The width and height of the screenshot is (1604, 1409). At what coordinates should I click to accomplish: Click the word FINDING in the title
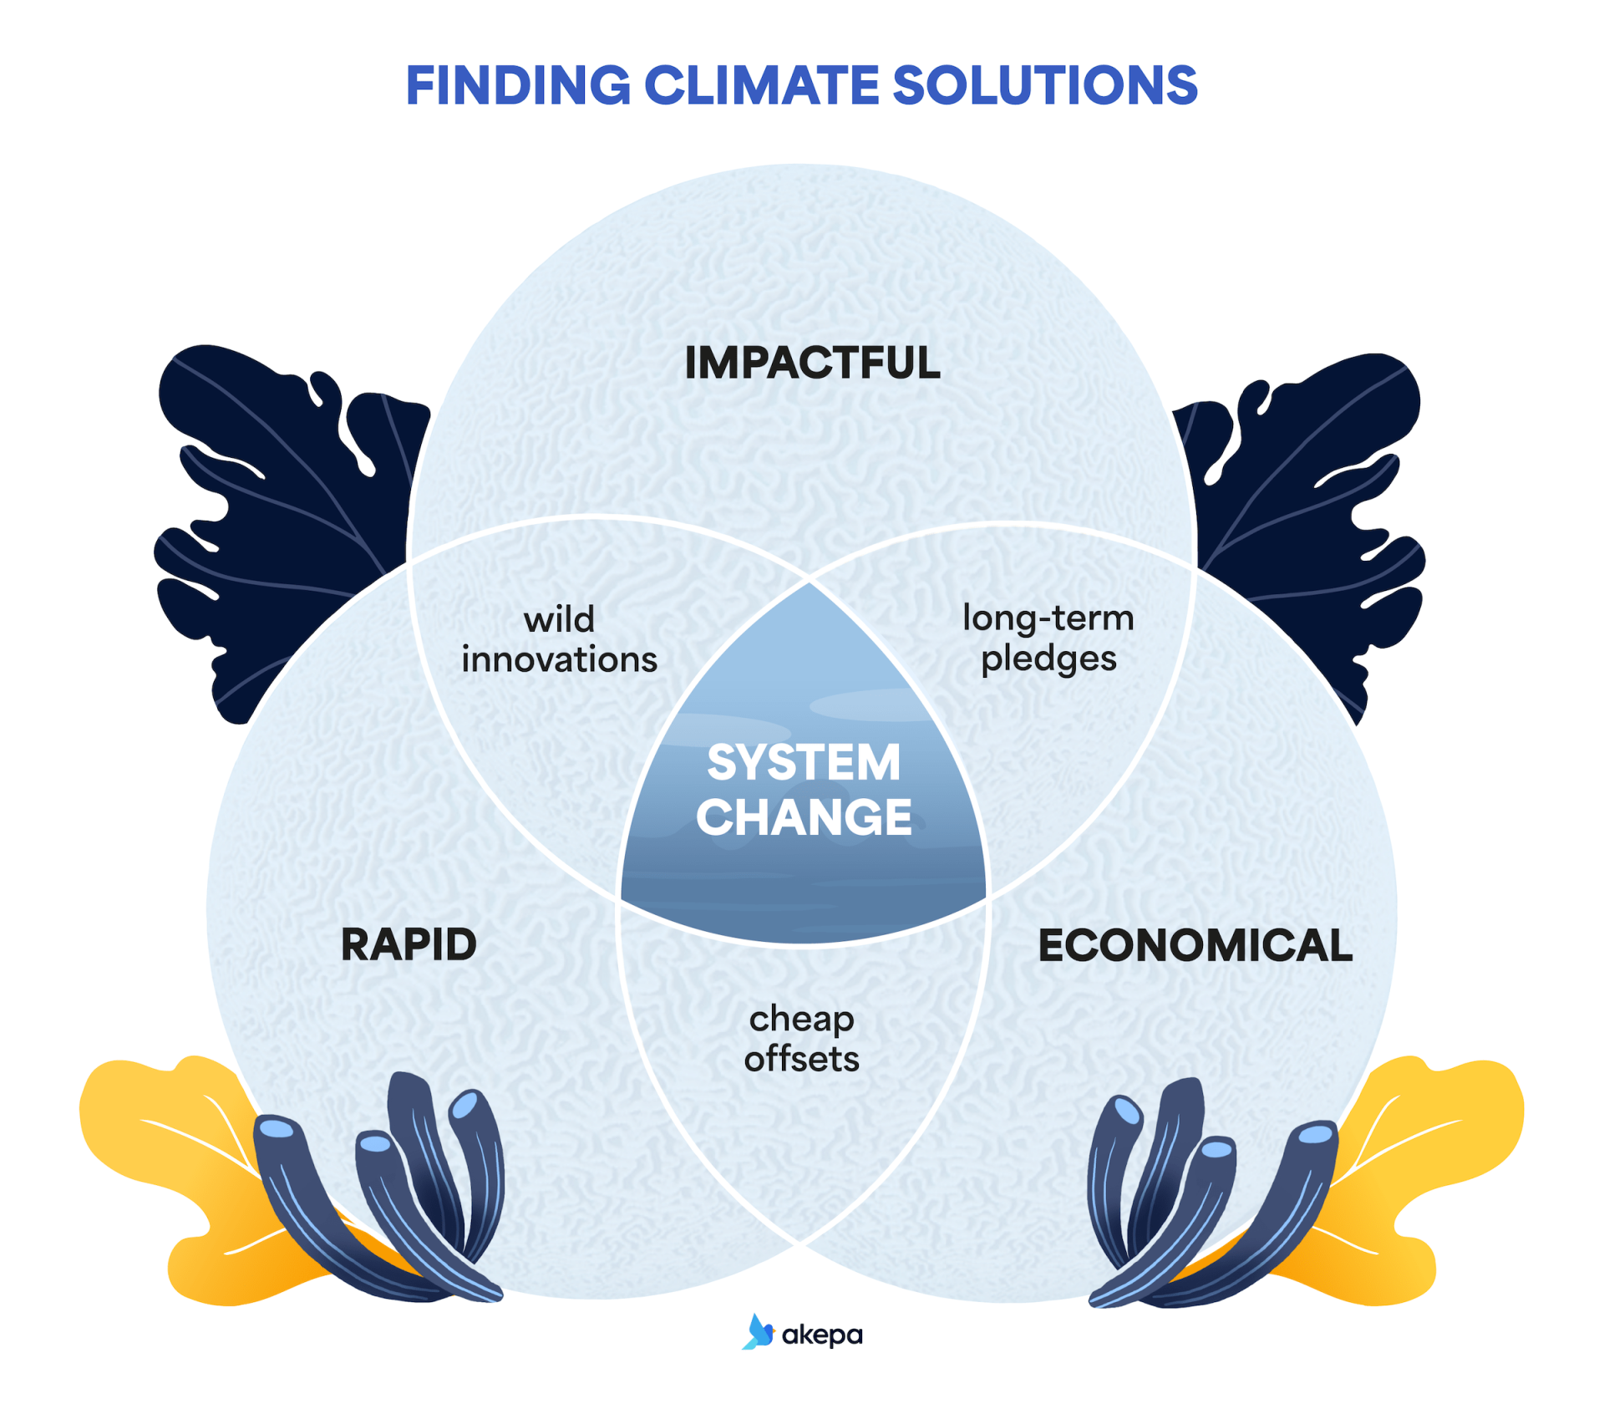point(518,86)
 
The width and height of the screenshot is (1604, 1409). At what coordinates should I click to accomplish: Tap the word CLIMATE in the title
point(761,86)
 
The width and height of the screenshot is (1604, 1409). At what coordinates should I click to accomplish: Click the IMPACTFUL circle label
point(812,364)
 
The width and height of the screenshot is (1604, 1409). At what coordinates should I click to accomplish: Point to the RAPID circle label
point(409,945)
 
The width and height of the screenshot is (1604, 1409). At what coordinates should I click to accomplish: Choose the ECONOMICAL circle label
point(1195,945)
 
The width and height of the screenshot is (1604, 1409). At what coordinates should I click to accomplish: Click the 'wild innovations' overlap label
point(559,640)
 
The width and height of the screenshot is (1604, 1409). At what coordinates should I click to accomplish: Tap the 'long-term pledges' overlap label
point(1048,638)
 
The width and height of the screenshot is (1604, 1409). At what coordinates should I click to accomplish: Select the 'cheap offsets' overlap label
point(801,1039)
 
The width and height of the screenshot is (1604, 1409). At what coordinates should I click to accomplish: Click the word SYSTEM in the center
point(804,762)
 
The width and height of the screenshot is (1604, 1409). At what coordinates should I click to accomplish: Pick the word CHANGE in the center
point(804,817)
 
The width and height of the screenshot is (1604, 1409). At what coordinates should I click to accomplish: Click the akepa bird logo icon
point(758,1332)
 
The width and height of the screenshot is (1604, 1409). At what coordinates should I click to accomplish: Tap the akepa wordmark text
point(822,1335)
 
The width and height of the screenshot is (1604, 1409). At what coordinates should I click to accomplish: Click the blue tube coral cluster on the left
point(393,1195)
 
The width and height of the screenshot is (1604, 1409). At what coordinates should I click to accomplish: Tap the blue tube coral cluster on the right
point(1203,1195)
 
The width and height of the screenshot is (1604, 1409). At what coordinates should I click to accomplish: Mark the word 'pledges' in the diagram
point(1048,659)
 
